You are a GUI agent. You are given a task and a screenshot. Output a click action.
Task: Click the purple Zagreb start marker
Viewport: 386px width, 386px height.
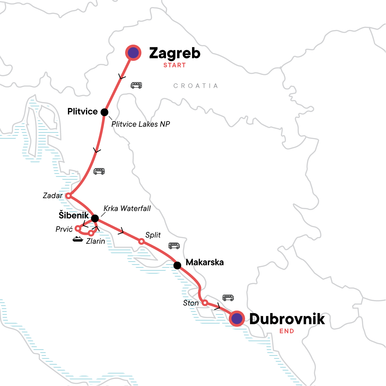(x=133, y=53)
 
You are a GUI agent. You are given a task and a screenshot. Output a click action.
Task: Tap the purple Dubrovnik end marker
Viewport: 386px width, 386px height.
(x=237, y=318)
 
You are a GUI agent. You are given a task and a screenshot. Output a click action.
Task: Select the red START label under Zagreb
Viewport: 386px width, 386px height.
(x=174, y=65)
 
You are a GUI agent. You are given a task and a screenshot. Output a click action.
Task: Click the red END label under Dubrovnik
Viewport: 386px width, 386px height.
(x=287, y=331)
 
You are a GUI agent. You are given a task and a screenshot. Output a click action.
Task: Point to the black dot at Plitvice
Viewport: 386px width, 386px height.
(x=104, y=112)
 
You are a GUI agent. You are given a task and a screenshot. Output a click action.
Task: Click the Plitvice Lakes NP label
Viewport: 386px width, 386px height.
(x=141, y=124)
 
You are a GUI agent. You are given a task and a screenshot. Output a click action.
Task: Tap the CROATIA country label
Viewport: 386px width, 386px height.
(x=196, y=86)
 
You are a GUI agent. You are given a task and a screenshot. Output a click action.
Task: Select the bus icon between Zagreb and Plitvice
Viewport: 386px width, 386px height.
(x=136, y=85)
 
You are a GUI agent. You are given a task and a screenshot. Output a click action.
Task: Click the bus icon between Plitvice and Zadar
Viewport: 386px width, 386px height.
(x=99, y=171)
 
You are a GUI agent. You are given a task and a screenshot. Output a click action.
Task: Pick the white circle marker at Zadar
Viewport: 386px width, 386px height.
(x=68, y=196)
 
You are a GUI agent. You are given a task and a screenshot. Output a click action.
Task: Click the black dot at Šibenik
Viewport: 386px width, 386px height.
(x=95, y=219)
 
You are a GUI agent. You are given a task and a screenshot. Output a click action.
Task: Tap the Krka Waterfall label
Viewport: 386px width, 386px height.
(x=127, y=208)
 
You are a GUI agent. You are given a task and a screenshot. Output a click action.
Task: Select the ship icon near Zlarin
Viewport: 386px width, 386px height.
(x=78, y=239)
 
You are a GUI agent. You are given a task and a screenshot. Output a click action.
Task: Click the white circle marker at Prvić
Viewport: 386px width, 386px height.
(x=78, y=228)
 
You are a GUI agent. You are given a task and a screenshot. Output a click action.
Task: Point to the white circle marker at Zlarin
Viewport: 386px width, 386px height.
(x=91, y=233)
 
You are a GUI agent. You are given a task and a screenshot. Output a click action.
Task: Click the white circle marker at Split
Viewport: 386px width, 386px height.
(x=141, y=241)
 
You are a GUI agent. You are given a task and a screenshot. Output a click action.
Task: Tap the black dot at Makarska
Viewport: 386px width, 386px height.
(x=177, y=265)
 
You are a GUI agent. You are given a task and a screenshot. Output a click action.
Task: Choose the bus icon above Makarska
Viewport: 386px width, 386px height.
(x=174, y=246)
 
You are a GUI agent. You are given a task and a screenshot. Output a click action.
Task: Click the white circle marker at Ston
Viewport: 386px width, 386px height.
(x=205, y=302)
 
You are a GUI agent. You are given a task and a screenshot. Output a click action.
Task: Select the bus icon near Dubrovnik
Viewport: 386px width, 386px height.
(x=228, y=298)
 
